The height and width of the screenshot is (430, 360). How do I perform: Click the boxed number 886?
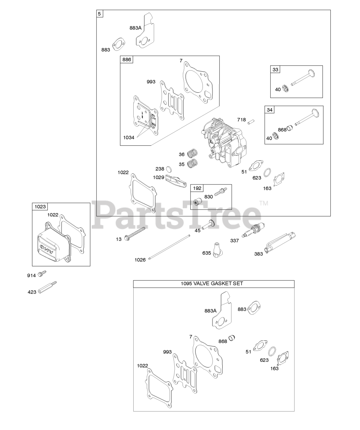point(127,60)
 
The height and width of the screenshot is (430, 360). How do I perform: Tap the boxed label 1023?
point(40,207)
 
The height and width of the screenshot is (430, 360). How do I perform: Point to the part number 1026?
point(140,260)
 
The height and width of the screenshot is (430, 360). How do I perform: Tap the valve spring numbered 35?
point(192,164)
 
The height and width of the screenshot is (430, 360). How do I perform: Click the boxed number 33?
point(275,70)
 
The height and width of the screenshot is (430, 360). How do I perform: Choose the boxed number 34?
point(270,110)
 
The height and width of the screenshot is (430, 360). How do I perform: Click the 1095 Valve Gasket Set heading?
point(214,284)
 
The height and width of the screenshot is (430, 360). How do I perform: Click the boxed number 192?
point(197,188)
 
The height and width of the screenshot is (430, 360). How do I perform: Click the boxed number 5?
point(100,14)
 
